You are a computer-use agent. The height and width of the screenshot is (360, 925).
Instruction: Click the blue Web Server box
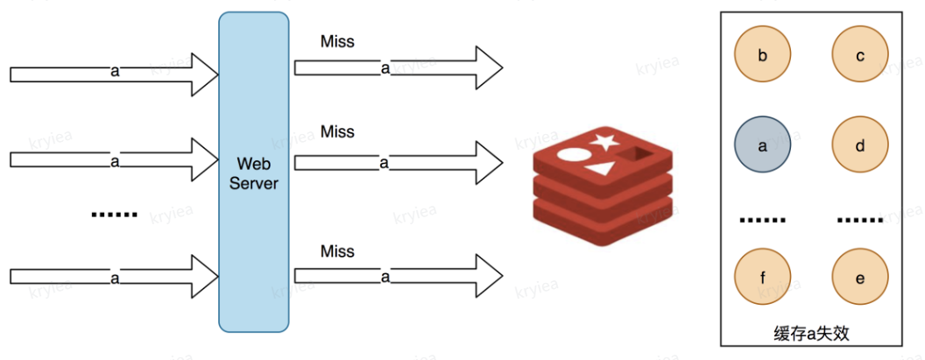253,172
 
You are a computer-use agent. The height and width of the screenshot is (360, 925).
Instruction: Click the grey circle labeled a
762,147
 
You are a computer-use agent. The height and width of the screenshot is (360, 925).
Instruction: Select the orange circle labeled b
762,56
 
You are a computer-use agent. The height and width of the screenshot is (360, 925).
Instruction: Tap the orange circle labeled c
860,56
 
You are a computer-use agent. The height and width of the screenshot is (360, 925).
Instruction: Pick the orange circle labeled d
860,147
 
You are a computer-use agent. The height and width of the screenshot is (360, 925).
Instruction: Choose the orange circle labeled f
762,279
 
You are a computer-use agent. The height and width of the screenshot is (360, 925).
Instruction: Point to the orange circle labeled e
860,279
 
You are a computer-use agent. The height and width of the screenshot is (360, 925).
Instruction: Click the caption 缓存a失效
811,334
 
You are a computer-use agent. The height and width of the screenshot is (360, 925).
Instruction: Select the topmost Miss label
337,41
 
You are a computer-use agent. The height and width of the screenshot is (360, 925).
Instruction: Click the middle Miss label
337,132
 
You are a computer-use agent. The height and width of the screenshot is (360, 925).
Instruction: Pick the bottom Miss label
337,252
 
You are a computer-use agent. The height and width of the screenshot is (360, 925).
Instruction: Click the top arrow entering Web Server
114,72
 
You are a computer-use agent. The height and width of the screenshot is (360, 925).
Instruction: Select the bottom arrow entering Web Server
114,278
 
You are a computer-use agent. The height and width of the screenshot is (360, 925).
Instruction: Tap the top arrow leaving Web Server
399,67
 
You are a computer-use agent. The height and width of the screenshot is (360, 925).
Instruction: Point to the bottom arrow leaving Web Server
399,276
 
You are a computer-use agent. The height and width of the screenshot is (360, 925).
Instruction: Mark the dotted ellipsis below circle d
860,221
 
